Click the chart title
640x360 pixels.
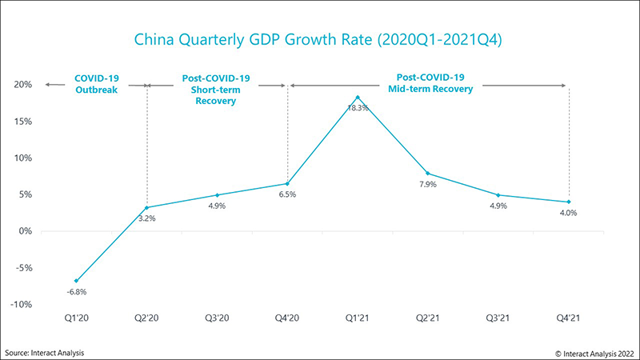pos(320,38)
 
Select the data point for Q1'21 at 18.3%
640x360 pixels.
pos(358,98)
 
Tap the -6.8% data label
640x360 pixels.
pos(77,293)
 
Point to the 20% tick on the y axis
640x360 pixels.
pos(22,85)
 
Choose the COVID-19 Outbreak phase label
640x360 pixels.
pos(97,84)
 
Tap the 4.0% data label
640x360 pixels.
pos(568,214)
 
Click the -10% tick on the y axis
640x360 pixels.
pos(20,305)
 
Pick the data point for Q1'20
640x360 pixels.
pos(77,281)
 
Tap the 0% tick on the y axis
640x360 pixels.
pos(25,231)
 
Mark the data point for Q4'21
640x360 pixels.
pos(568,202)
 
